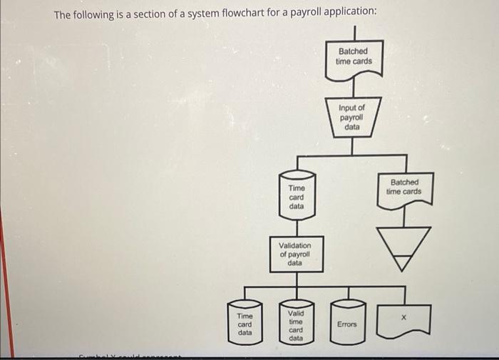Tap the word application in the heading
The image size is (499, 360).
click(349, 14)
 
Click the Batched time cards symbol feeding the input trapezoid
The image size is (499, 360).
click(354, 57)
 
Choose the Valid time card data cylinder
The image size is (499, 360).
click(296, 325)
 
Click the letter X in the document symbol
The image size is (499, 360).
click(403, 318)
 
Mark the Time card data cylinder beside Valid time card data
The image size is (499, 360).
click(245, 324)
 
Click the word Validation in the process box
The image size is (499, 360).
click(295, 246)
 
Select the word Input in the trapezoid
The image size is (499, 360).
click(347, 108)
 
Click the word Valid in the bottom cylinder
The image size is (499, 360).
click(296, 313)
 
